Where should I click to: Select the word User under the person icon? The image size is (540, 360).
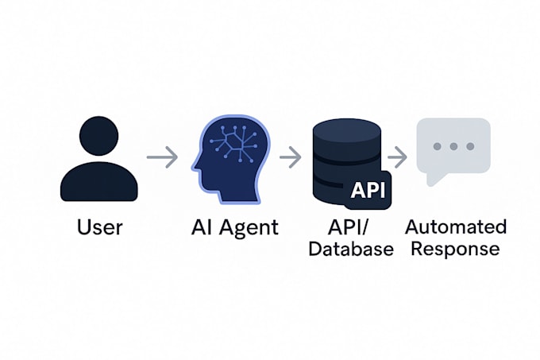(99, 227)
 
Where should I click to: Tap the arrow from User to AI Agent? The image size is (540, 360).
(162, 157)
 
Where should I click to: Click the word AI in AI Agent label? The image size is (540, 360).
(202, 227)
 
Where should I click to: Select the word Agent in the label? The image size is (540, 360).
(248, 228)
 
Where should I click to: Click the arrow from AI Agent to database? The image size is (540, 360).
(291, 157)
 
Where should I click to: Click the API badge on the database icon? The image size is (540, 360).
(368, 191)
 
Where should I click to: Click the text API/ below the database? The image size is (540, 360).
(350, 226)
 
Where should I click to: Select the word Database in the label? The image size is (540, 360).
(350, 249)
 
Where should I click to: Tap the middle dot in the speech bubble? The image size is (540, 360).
(454, 147)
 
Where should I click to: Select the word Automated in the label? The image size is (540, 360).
(456, 226)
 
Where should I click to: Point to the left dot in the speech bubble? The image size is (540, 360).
(438, 147)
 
